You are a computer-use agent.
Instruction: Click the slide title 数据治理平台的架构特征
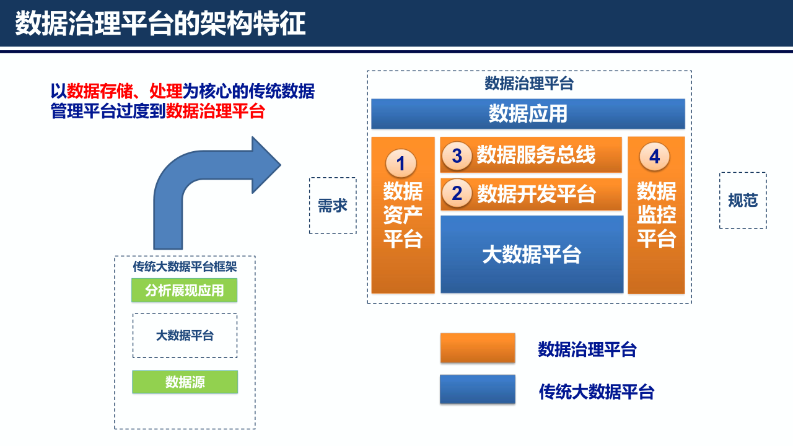click(160, 24)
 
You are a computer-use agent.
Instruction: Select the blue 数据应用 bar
click(528, 114)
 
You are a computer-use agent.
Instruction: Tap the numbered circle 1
click(401, 164)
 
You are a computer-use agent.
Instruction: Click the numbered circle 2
click(457, 194)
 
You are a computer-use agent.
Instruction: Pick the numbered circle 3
click(457, 155)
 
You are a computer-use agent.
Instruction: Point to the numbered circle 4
click(655, 157)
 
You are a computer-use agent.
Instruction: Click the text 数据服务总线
click(536, 155)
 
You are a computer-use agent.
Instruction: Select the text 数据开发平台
click(537, 194)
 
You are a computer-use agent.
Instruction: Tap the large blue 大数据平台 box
click(532, 255)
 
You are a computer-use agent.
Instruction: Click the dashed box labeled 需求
click(333, 206)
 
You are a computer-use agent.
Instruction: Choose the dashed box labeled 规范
click(743, 201)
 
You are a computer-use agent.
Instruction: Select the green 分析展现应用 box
click(185, 291)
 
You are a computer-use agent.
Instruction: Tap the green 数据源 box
click(185, 382)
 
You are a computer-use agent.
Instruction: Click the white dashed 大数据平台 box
click(185, 335)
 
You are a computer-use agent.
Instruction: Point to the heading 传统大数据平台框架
click(185, 267)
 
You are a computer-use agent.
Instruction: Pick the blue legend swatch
click(478, 390)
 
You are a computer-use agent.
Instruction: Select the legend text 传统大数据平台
click(596, 391)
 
